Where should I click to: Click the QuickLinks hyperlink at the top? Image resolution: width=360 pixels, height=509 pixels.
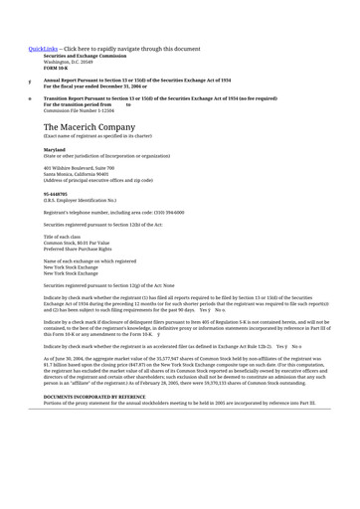[43, 48]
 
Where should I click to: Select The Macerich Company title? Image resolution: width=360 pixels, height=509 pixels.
[88, 127]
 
